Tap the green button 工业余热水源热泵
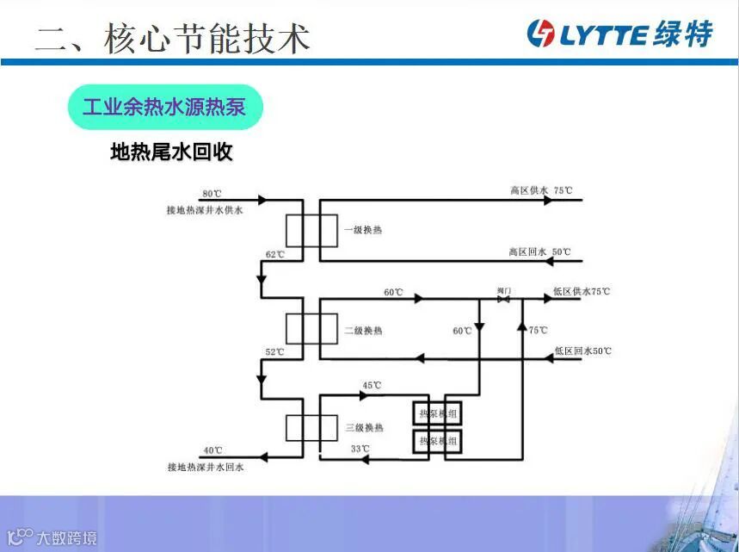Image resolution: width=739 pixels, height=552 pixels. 164,108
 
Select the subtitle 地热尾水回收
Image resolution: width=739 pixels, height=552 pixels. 171,152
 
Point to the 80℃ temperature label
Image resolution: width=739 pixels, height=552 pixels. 212,194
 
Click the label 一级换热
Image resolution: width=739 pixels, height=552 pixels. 363,231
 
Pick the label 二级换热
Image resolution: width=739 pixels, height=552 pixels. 363,331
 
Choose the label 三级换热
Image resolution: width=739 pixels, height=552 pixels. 363,428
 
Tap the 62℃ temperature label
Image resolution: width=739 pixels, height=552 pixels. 274,255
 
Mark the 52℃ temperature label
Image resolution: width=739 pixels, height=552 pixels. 274,352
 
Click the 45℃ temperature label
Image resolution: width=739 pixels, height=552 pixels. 372,385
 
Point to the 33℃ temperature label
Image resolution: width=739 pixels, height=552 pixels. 360,449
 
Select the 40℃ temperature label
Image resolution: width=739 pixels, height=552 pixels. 212,450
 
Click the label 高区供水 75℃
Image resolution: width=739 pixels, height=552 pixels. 540,190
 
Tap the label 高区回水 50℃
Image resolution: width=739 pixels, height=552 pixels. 539,252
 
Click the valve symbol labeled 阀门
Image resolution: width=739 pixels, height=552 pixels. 504,300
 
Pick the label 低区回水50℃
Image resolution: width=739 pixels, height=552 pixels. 582,351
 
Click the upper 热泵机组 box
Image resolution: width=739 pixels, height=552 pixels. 437,414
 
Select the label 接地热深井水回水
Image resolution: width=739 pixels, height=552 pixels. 206,468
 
